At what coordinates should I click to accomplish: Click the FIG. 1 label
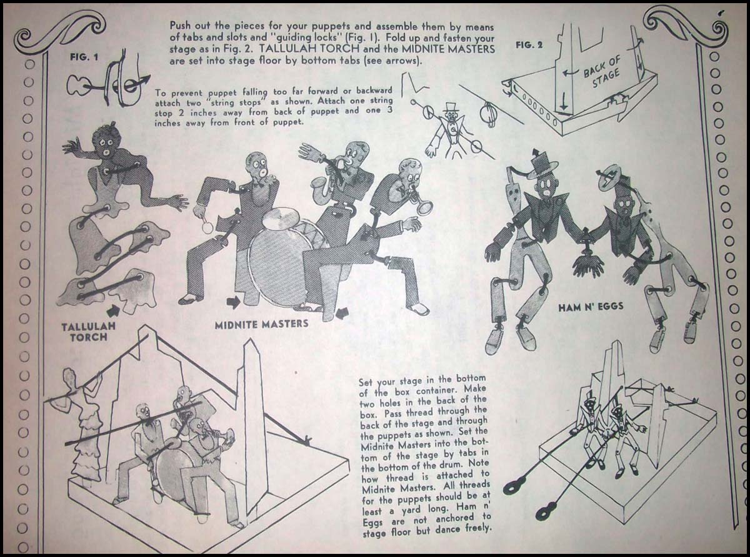pos(84,57)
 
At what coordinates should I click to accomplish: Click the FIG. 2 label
pos(529,45)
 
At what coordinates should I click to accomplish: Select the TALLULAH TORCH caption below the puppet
pos(89,332)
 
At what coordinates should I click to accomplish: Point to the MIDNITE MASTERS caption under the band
pos(262,324)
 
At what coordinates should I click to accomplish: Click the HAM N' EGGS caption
pos(591,307)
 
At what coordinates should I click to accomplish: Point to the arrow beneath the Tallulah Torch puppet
pos(113,309)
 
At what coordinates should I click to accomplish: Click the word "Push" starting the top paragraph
pos(182,26)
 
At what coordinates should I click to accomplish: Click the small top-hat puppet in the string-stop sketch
pos(448,131)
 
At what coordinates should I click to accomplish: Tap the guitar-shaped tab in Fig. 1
pos(81,84)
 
